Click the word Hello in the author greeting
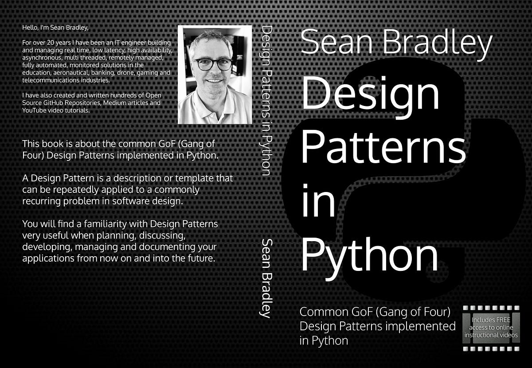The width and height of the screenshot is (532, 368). click(x=29, y=27)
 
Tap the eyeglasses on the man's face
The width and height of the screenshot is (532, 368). click(x=213, y=64)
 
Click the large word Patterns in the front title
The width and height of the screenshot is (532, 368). click(x=383, y=147)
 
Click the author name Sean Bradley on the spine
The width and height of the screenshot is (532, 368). click(x=266, y=278)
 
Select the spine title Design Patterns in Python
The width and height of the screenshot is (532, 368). click(x=267, y=100)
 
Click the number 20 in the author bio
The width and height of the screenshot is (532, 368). click(x=51, y=43)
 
